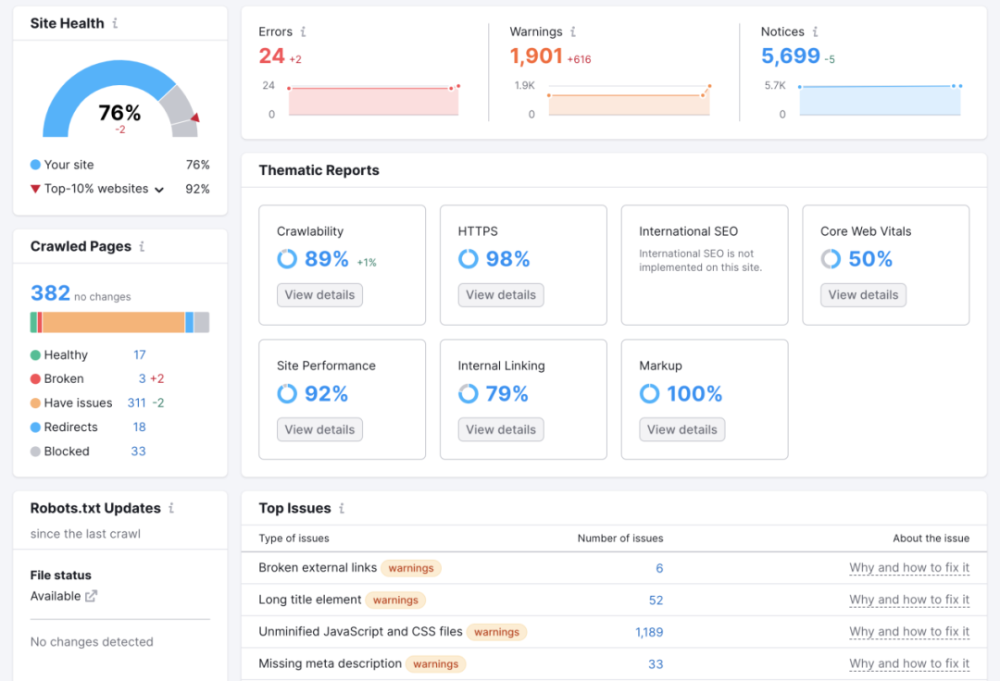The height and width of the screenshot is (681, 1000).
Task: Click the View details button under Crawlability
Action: click(x=319, y=295)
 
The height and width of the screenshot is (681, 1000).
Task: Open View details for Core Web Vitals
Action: click(x=863, y=295)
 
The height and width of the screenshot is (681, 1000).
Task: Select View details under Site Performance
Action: click(x=319, y=429)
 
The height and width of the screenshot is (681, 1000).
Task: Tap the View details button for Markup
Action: click(x=681, y=429)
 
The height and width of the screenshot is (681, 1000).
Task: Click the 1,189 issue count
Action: click(x=649, y=632)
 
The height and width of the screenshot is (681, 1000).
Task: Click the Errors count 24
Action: click(x=271, y=56)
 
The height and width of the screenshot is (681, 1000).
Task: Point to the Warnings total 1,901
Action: click(x=536, y=56)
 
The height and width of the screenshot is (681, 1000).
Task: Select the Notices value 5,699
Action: click(x=791, y=56)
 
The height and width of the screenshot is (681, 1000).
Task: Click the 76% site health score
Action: click(x=119, y=113)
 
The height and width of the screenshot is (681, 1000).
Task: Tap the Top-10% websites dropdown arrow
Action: click(x=159, y=190)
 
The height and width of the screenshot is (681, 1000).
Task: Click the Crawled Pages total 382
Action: click(x=50, y=293)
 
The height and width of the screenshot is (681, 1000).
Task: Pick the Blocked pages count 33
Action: click(x=138, y=452)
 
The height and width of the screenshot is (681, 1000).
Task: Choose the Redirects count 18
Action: click(x=139, y=427)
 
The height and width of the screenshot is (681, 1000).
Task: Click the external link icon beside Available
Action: click(x=91, y=596)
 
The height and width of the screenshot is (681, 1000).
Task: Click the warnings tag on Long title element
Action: click(x=395, y=601)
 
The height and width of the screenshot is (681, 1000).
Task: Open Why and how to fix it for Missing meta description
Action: click(x=909, y=663)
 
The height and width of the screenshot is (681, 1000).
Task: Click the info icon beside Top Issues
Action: click(x=342, y=509)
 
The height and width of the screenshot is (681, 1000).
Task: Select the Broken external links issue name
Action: click(x=318, y=568)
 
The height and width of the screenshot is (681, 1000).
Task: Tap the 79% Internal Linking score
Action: click(x=506, y=394)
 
